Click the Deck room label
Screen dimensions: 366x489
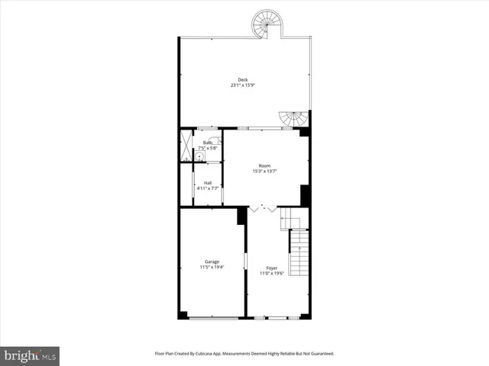pos(242,80)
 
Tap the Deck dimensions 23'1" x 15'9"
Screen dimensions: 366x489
pos(242,85)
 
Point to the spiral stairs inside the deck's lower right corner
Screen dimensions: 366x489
pos(295,119)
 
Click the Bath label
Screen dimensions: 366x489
pos(207,143)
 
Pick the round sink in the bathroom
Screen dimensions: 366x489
pos(199,156)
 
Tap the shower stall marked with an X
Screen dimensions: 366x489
pos(186,145)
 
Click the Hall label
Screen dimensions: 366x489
pos(208,183)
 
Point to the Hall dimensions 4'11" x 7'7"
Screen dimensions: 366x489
pos(208,188)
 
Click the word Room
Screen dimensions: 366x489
pos(264,165)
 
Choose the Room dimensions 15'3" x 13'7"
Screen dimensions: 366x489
pos(264,171)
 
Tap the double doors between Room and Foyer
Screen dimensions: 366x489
pos(262,208)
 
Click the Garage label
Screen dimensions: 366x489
pos(212,262)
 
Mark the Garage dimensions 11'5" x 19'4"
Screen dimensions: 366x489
pos(212,267)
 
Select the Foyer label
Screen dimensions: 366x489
pos(271,268)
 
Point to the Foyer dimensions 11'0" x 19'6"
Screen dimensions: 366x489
pos(271,273)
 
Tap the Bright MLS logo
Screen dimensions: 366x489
pos(31,355)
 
